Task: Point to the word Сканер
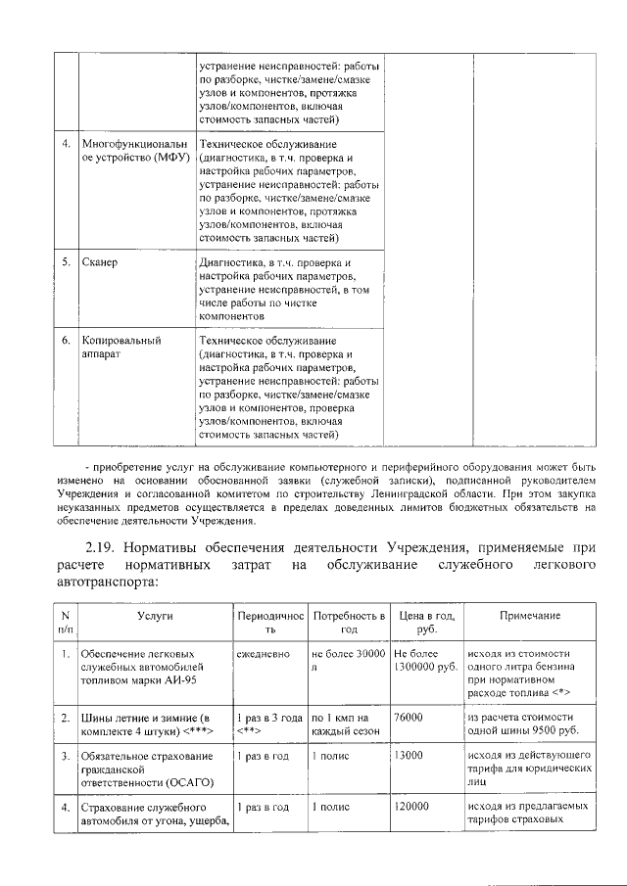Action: [99, 263]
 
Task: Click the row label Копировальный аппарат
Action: [121, 347]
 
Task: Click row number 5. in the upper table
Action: [65, 263]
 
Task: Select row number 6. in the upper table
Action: [65, 340]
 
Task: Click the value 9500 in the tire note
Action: [543, 730]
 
